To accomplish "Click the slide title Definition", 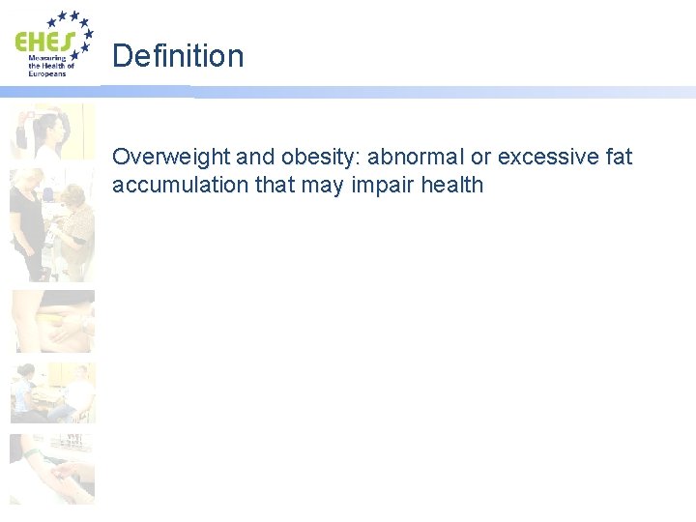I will tap(178, 56).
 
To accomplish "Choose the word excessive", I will tap(545, 157).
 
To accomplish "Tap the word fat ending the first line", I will tap(618, 157).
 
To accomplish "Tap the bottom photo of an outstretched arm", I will tap(52, 469).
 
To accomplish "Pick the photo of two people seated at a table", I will tap(52, 392).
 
